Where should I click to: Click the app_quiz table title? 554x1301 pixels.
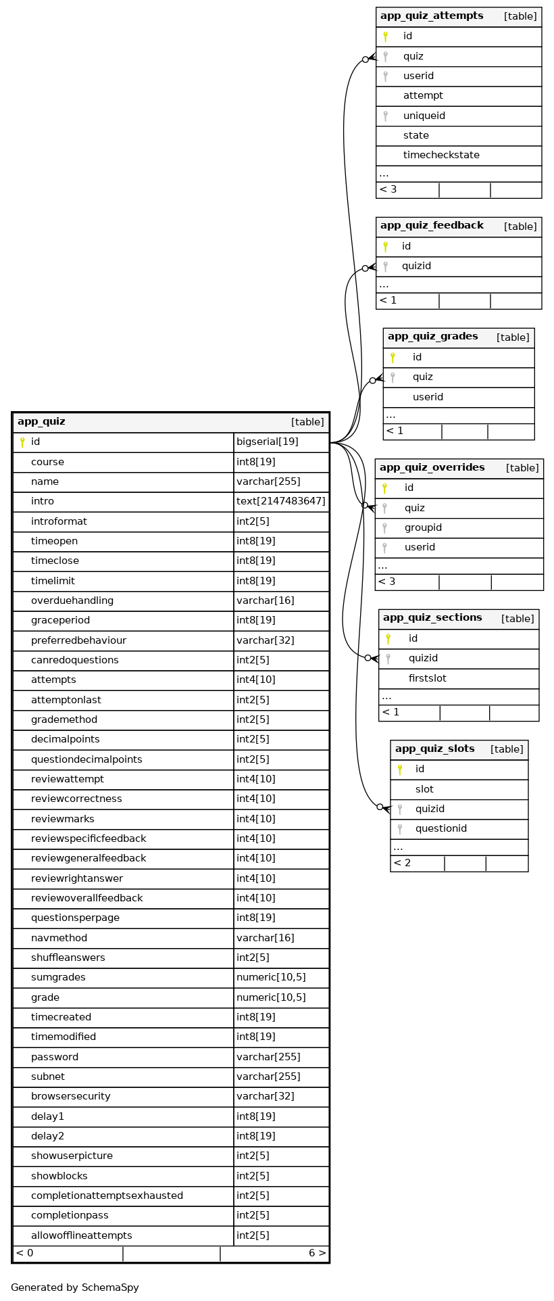pyautogui.click(x=41, y=422)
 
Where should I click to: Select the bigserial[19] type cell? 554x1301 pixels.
pyautogui.click(x=268, y=442)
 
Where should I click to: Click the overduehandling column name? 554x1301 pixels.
pyautogui.click(x=72, y=600)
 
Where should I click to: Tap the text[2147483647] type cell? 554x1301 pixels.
pyautogui.click(x=280, y=502)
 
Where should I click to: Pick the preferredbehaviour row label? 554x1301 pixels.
pyautogui.click(x=78, y=640)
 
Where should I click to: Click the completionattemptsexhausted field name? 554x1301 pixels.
pyautogui.click(x=107, y=1196)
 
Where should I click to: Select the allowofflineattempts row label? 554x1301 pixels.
pyautogui.click(x=82, y=1235)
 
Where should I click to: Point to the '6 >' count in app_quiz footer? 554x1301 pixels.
pyautogui.click(x=317, y=1253)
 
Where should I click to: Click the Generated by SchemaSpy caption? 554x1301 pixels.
pyautogui.click(x=75, y=1287)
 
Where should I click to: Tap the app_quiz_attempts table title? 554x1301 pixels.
pyautogui.click(x=432, y=16)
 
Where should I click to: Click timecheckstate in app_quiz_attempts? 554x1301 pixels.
pyautogui.click(x=441, y=155)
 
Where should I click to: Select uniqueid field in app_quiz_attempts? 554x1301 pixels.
pyautogui.click(x=424, y=116)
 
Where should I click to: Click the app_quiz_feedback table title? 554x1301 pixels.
pyautogui.click(x=432, y=225)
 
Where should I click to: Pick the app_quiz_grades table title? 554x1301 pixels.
pyautogui.click(x=432, y=336)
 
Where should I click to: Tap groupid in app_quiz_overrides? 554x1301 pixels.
pyautogui.click(x=423, y=527)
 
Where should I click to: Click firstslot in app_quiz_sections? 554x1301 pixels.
pyautogui.click(x=427, y=678)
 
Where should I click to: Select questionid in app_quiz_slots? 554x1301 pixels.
pyautogui.click(x=441, y=828)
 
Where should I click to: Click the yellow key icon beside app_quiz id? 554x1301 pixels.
pyautogui.click(x=22, y=442)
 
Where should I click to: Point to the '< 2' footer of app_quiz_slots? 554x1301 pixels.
pyautogui.click(x=402, y=863)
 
